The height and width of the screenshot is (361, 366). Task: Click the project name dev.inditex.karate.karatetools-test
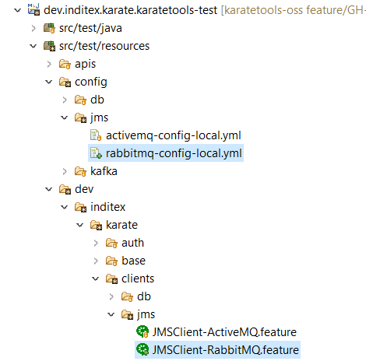[131, 10]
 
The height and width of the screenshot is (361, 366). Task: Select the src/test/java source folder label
[90, 28]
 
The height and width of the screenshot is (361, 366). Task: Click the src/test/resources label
[104, 46]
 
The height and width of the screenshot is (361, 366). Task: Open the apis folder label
[86, 64]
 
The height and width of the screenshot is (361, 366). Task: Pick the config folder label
[91, 82]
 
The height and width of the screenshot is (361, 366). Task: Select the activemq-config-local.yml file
[174, 135]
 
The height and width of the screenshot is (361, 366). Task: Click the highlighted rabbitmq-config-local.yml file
[174, 153]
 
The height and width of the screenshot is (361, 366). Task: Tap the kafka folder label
[104, 171]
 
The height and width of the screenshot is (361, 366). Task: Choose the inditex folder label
[108, 207]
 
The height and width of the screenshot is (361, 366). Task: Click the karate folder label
[121, 225]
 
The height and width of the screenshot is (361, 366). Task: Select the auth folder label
[132, 243]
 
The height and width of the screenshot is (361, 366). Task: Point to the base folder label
[133, 261]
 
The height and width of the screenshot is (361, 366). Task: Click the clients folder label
[138, 279]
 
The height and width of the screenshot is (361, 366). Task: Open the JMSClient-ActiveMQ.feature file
[224, 332]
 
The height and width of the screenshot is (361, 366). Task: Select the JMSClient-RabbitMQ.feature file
[226, 350]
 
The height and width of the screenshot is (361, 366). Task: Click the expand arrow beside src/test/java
[33, 28]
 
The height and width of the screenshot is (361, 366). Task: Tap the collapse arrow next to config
[49, 82]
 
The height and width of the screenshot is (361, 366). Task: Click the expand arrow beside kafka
[65, 171]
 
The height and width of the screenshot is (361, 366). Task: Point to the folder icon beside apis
[65, 64]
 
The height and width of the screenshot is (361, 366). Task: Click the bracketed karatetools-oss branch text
[294, 10]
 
